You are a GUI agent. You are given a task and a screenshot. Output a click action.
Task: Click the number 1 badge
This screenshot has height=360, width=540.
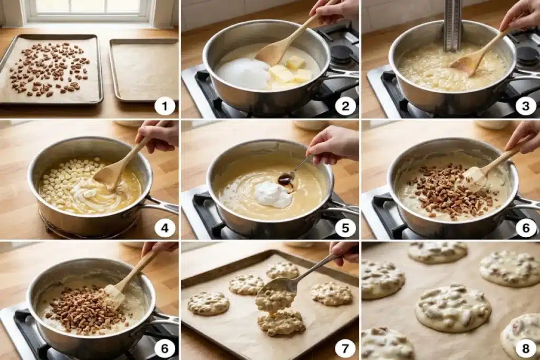[165, 106]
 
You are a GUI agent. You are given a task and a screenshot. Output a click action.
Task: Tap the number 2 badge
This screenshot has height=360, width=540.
[345, 106]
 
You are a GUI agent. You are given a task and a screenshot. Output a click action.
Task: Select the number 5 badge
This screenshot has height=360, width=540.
[345, 228]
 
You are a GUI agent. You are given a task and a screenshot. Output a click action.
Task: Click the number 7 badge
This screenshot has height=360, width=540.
[345, 348]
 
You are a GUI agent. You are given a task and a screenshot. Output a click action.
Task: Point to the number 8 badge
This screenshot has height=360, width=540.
[526, 348]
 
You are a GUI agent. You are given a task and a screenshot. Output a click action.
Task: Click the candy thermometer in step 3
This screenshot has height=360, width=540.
[452, 25]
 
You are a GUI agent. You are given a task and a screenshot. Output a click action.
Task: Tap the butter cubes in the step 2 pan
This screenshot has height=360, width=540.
[291, 71]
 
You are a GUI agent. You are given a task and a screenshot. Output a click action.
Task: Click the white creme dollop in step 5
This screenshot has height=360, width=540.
[274, 194]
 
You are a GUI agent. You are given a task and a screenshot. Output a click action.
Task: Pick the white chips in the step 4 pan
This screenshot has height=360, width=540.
[65, 179]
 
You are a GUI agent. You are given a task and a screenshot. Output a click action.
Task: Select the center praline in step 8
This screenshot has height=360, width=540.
[453, 307]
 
